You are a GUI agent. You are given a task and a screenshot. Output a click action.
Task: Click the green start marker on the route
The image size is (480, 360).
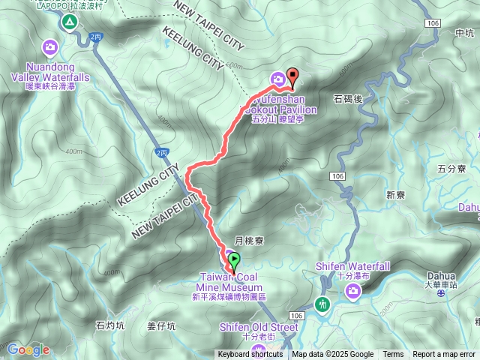(x=234, y=262)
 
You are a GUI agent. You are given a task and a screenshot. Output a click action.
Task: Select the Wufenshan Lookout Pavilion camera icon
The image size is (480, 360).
(x=277, y=78)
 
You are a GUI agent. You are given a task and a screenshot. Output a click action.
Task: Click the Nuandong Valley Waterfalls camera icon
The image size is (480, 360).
(x=50, y=48)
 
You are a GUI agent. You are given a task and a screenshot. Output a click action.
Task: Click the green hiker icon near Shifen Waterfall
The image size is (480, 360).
(x=322, y=304)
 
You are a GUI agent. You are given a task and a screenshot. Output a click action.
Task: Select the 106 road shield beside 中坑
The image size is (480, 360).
(x=432, y=24)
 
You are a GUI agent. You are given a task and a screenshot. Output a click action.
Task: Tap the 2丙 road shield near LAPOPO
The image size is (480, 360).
(x=94, y=35)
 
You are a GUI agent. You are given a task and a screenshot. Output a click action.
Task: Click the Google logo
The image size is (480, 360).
(x=28, y=349)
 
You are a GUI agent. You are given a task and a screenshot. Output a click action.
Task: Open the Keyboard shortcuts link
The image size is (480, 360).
(x=250, y=355)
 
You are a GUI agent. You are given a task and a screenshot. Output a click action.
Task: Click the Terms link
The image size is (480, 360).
(x=393, y=355)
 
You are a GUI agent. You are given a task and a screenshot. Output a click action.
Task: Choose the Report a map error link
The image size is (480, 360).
(x=443, y=355)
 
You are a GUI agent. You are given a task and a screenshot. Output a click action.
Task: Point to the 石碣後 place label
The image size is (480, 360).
(x=347, y=98)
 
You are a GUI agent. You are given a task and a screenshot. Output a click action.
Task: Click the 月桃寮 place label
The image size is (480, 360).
(x=247, y=241)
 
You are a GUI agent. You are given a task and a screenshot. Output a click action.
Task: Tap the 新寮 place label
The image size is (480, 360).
(x=396, y=194)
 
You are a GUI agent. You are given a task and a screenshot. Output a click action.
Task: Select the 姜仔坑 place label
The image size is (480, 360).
(x=160, y=325)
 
